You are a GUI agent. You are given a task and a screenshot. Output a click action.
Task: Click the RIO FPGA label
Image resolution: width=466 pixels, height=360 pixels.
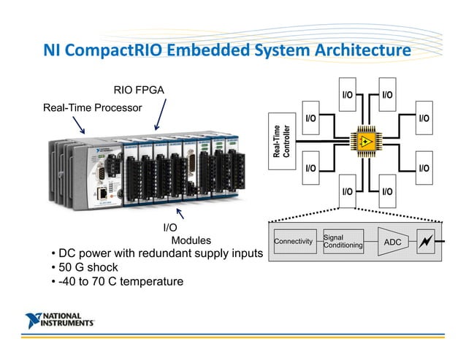coord(139,91)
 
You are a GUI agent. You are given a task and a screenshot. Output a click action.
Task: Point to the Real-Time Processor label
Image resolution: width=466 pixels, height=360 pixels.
coord(91,108)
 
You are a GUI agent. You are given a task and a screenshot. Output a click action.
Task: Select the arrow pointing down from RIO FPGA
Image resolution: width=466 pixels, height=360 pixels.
coord(159,117)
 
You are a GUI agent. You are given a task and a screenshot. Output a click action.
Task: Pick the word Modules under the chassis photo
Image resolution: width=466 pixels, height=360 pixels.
coord(191,240)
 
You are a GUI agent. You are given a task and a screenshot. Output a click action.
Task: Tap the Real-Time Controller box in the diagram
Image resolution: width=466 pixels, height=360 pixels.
coord(282,142)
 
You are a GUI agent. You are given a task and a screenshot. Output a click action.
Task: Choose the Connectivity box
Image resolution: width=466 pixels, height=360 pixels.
coord(293,241)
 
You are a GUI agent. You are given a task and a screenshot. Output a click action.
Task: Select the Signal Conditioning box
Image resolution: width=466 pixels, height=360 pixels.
coord(343,241)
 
